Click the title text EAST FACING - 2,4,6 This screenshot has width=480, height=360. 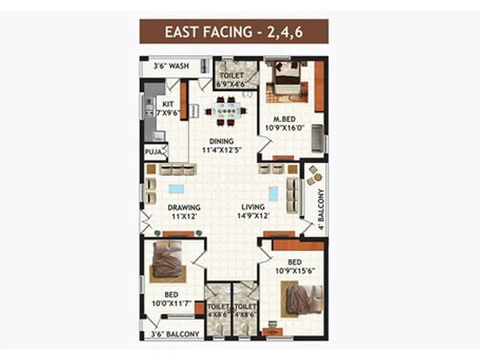234,32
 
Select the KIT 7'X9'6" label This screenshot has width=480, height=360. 168,108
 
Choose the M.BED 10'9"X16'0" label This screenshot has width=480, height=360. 286,123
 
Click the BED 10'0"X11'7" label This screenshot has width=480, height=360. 171,299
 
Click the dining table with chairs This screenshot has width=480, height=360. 225,111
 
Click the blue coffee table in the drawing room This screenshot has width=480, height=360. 176,189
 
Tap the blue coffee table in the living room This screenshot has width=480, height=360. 274,193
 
